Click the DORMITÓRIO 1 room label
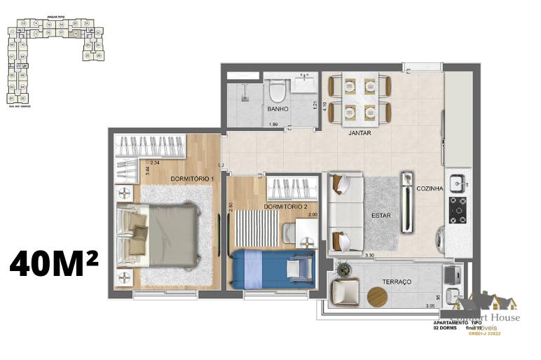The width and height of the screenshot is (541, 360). (x=192, y=179)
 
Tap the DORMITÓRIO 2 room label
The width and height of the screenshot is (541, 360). (x=286, y=207)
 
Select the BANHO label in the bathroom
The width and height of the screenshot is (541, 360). (x=278, y=109)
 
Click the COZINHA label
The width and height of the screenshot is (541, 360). (x=429, y=188)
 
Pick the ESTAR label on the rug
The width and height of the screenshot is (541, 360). (x=381, y=216)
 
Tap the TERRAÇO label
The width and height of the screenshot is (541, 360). (x=397, y=281)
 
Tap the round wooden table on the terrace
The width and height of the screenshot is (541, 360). (x=377, y=297)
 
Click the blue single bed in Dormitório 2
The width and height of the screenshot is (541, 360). (x=274, y=269)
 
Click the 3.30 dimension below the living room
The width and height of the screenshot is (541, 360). (x=369, y=256)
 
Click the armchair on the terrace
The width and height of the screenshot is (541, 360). (x=343, y=291)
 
